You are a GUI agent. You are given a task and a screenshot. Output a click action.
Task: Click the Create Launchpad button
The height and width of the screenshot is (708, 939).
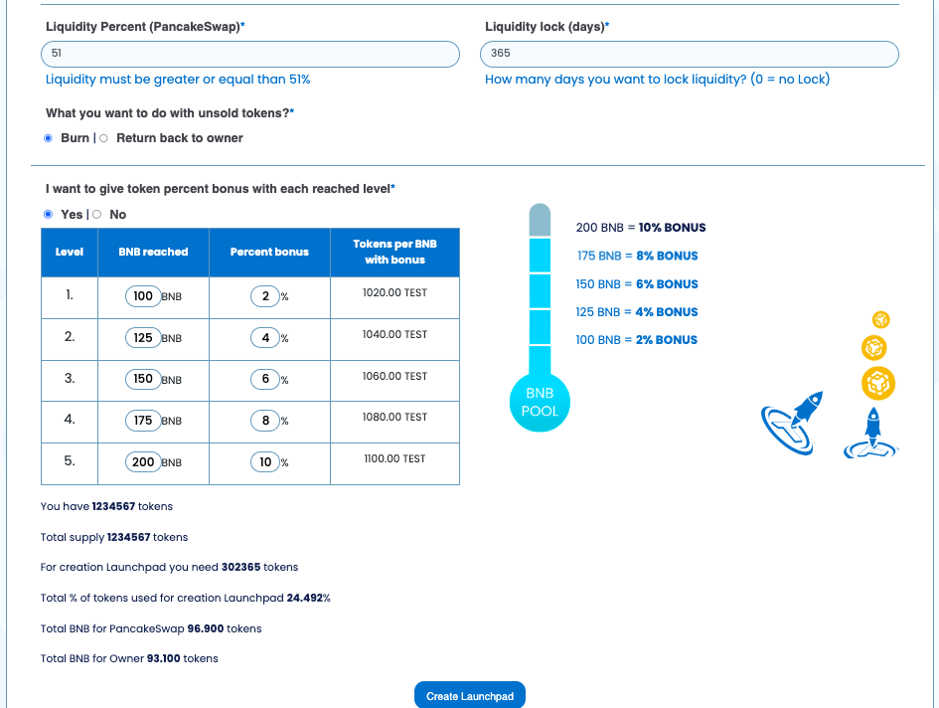(469, 695)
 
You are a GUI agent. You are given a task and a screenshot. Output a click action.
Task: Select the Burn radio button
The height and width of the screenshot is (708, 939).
(48, 138)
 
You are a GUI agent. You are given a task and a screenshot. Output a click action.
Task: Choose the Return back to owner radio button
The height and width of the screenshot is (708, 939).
(104, 138)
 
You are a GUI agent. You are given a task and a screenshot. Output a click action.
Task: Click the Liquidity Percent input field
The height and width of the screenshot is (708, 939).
(250, 54)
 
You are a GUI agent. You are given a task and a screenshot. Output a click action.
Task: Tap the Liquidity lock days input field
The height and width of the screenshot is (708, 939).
(690, 54)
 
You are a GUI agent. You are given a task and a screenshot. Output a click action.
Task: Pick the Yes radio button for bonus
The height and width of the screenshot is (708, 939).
(48, 214)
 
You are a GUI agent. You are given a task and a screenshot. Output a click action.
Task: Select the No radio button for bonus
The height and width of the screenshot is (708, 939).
(96, 214)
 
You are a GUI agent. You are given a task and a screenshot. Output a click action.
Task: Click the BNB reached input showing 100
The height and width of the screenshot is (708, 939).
(143, 296)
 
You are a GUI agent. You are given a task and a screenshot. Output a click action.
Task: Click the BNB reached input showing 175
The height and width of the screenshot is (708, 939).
(143, 421)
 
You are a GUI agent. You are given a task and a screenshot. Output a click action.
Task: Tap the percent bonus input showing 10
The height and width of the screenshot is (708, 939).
(265, 462)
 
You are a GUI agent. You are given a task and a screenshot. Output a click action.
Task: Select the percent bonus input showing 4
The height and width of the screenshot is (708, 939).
(265, 338)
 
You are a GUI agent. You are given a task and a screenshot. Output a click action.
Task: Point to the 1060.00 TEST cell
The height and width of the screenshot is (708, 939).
(394, 376)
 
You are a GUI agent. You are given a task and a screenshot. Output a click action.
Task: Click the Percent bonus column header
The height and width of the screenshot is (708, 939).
(269, 252)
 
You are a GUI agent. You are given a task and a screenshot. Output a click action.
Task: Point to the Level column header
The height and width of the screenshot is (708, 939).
(70, 252)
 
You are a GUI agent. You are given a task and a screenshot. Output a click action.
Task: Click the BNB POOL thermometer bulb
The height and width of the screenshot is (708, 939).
(540, 403)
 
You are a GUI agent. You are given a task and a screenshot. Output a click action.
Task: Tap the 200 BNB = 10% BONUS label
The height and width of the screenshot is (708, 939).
(641, 228)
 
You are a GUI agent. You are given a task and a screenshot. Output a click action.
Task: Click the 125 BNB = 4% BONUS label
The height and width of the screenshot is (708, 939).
(637, 312)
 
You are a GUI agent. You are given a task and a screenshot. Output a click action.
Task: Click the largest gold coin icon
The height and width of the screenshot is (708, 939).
(877, 382)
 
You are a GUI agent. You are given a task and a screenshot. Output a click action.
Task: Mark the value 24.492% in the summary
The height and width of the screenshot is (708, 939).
(308, 598)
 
